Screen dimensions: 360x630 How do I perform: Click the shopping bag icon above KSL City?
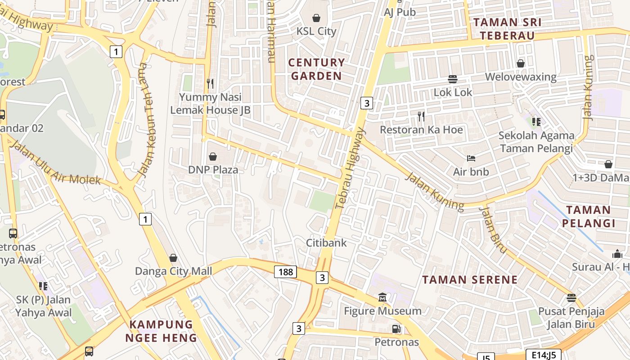[x=316, y=18]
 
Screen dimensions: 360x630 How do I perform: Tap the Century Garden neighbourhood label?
[x=316, y=69]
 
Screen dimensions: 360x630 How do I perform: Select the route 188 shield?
[x=286, y=271]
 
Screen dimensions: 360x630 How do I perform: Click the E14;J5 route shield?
[x=543, y=355]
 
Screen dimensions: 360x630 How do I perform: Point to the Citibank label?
[x=326, y=243]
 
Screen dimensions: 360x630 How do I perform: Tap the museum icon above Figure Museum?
[x=382, y=297]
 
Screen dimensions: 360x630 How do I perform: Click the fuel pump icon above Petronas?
[x=396, y=329]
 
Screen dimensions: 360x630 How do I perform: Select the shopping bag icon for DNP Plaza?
[x=212, y=157]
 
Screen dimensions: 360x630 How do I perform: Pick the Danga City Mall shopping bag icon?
[x=173, y=258]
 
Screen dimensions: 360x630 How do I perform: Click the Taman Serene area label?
[x=470, y=279]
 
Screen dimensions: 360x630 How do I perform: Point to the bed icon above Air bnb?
[x=471, y=158]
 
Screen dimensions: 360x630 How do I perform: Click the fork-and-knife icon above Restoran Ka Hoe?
[x=421, y=117]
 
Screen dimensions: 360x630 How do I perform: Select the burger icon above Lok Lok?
[x=453, y=79]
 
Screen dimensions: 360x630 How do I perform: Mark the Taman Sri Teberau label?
[x=507, y=29]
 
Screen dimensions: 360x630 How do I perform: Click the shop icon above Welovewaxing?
[x=521, y=63]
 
